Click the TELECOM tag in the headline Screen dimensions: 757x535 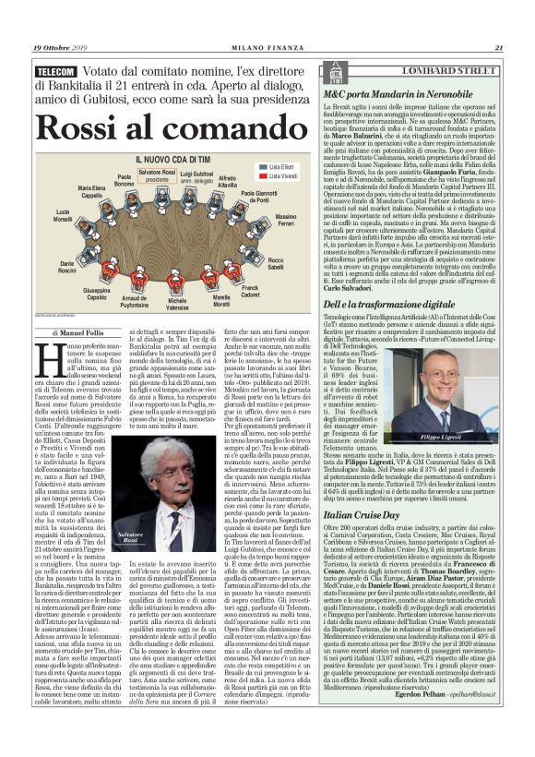[55, 71]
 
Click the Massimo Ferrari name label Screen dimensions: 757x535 [286, 220]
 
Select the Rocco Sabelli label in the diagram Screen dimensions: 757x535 [276, 262]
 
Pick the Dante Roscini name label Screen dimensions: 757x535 [67, 267]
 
